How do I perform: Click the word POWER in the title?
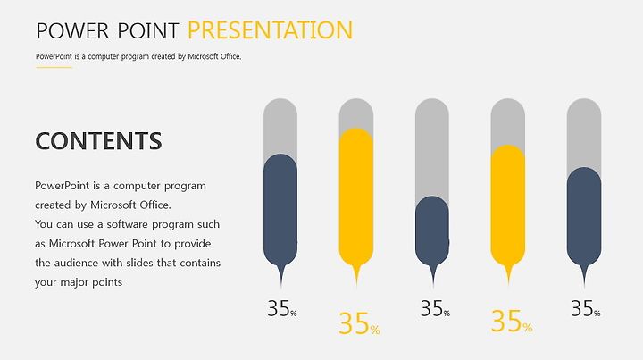73,30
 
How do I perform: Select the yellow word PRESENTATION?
271,30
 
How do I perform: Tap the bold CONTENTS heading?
99,140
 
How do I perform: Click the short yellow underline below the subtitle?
54,67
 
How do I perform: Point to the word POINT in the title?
148,30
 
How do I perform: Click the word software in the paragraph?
128,224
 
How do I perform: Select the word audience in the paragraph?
75,263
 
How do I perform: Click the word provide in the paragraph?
192,244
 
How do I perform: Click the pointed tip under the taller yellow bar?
356,287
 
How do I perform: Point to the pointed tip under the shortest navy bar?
433,285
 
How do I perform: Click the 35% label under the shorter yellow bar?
512,322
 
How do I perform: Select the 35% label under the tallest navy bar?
282,308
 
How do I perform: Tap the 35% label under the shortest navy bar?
435,308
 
